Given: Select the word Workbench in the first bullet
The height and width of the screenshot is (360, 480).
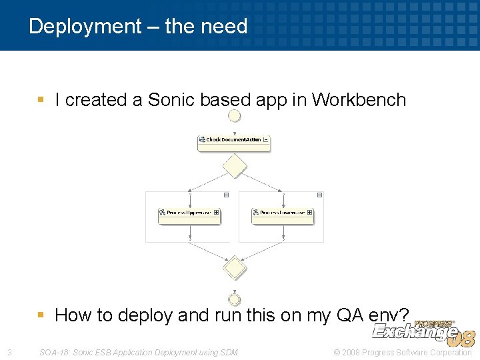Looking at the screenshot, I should click(359, 100).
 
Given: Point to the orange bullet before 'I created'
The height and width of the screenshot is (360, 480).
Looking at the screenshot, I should click(41, 100).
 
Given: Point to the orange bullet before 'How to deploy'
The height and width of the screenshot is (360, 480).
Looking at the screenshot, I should click(41, 315).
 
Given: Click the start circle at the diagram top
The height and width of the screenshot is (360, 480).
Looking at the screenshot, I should click(234, 116).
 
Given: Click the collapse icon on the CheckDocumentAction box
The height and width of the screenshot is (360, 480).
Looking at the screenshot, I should click(266, 140).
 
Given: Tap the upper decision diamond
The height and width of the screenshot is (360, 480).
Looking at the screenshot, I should click(234, 165).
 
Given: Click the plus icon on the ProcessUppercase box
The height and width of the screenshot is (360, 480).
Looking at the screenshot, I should click(216, 213).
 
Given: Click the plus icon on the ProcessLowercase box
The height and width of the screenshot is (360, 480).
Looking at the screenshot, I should click(309, 213).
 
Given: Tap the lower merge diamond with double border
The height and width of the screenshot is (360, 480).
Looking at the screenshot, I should click(234, 268).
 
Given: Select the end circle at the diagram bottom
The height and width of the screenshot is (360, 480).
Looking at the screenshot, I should click(234, 300).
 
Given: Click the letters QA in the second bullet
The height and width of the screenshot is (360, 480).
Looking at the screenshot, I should click(344, 315).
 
